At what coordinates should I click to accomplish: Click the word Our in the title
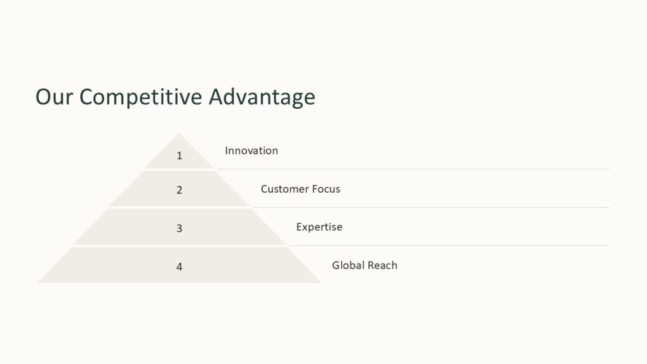[54, 97]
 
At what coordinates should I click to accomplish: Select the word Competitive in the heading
[142, 97]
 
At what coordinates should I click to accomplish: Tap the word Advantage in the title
[262, 97]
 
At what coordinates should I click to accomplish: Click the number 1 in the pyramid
[179, 155]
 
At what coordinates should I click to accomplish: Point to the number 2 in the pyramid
[179, 190]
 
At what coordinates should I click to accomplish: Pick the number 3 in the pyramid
[179, 228]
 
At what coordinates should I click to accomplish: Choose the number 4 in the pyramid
[179, 267]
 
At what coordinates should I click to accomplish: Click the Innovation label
[251, 150]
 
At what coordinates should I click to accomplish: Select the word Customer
[284, 189]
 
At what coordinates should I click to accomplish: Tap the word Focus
[325, 189]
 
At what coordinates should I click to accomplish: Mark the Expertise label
[319, 227]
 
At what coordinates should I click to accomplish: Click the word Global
[348, 265]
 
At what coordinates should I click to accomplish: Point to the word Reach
[382, 265]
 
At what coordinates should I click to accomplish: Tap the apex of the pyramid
[179, 134]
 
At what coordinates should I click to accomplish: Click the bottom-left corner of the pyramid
[38, 282]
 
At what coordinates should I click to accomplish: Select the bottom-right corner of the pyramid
[320, 282]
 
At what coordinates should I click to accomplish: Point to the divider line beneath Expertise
[449, 245]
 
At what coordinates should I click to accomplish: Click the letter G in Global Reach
[336, 265]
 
